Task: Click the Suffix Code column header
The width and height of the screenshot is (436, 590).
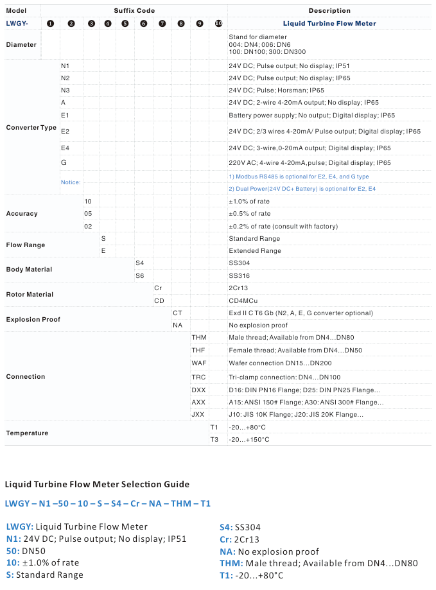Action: pos(134,11)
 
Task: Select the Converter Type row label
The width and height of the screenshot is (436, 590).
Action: pos(31,127)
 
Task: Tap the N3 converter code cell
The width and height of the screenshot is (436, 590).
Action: pos(65,91)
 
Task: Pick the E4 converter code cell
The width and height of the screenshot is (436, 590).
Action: pos(65,148)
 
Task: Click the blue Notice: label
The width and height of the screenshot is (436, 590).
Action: pos(71,182)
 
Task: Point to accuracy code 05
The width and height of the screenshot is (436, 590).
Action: pos(88,213)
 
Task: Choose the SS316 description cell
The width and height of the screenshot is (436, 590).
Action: pos(240,275)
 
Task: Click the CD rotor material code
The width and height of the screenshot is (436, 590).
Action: pos(159,300)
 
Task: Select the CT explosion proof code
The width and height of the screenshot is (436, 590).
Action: pos(177,313)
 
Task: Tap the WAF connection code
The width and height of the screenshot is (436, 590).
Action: pos(198,363)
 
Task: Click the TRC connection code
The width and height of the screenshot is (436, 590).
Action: pos(198,377)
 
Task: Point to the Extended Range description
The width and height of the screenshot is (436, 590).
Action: pos(254,251)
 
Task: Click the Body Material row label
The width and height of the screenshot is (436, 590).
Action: pos(29,270)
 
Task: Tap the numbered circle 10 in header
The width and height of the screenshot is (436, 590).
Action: pos(218,23)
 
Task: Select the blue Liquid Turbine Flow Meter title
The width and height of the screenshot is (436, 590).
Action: pos(329,23)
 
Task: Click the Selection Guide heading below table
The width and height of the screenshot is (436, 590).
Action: pos(97,484)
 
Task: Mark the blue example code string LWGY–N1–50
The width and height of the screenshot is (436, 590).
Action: pos(107,504)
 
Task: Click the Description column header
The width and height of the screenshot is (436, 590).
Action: pos(329,11)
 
